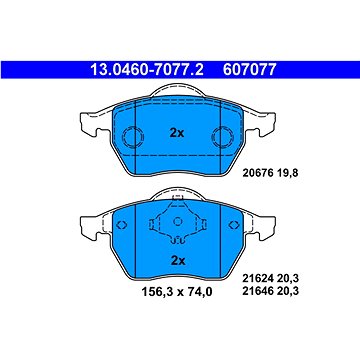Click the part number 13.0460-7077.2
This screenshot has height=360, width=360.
pyautogui.click(x=147, y=70)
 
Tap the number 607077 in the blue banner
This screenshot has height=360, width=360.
pyautogui.click(x=250, y=70)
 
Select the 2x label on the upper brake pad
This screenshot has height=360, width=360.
pyautogui.click(x=177, y=133)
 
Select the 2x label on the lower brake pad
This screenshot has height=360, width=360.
pyautogui.click(x=178, y=260)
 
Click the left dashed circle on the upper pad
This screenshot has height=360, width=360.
pyautogui.click(x=134, y=137)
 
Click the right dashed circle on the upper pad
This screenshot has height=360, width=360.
pyautogui.click(x=223, y=137)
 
